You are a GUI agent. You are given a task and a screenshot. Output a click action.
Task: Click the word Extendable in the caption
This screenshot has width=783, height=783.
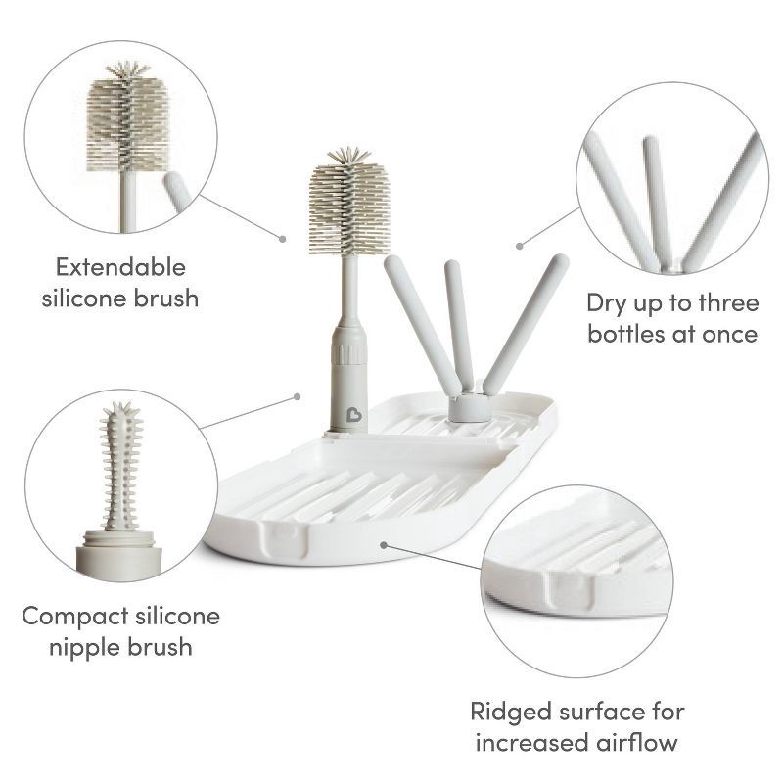120,267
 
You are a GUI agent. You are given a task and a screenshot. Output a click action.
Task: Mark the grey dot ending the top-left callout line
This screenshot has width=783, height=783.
283,238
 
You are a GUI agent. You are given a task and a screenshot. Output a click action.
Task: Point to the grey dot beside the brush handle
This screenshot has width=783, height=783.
297,396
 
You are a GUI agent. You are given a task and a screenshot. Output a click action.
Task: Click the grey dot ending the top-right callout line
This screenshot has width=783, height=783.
519,244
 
